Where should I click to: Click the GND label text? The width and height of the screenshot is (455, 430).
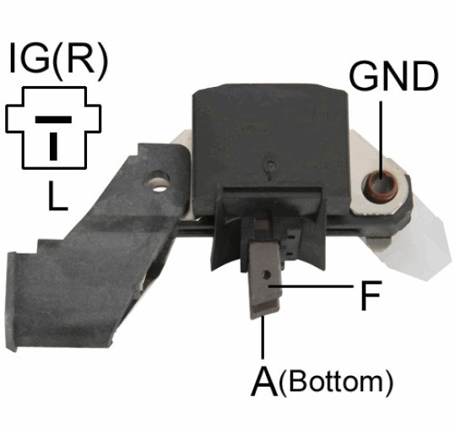393,76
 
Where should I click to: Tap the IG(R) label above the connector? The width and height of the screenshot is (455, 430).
58,58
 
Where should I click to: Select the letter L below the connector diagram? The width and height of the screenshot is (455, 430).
57,195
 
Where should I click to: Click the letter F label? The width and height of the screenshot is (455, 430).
371,296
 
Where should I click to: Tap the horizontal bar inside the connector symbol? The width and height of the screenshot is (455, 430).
53,119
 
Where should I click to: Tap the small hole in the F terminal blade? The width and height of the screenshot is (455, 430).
267,274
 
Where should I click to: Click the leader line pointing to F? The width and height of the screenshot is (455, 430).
311,286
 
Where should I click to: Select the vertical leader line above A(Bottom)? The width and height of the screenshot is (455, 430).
263,338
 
